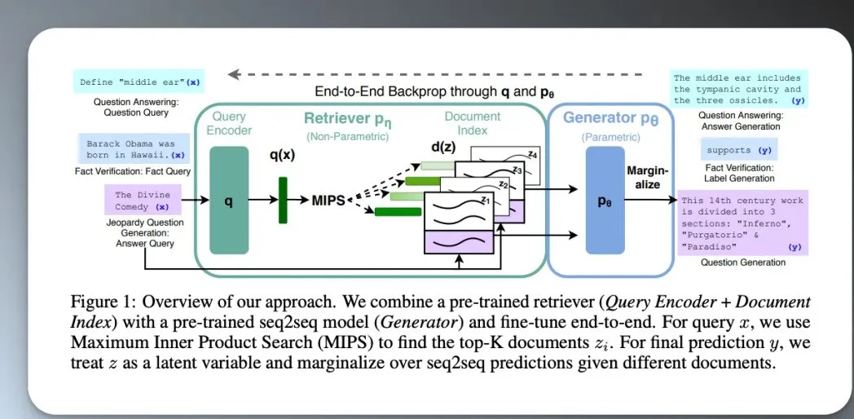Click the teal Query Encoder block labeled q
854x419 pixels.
click(x=228, y=200)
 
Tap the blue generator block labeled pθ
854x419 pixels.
click(x=604, y=200)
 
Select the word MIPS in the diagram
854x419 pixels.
click(x=328, y=200)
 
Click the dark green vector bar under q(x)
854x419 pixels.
click(x=283, y=200)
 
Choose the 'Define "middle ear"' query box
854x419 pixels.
click(x=139, y=82)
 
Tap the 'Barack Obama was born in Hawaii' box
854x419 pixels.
click(x=133, y=149)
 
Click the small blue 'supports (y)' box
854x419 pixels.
click(x=740, y=151)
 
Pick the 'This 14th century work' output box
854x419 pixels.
click(x=742, y=223)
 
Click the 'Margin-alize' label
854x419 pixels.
click(x=647, y=178)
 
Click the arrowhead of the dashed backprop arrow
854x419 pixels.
click(x=233, y=75)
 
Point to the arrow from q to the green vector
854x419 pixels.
click(x=262, y=200)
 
